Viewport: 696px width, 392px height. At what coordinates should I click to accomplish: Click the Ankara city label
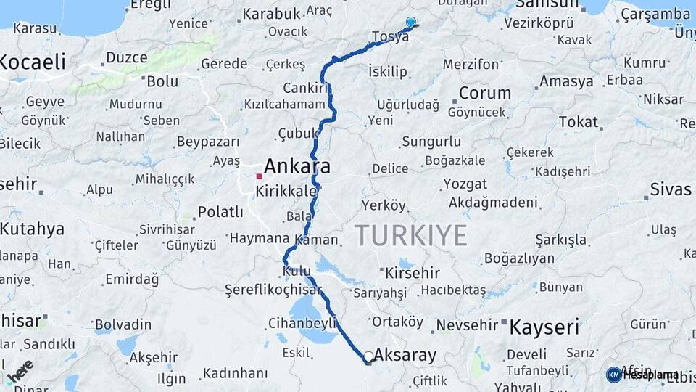(x=297, y=166)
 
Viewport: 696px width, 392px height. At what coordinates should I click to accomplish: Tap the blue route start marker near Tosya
(x=411, y=23)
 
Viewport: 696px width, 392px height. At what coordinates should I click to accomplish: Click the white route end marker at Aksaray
(x=369, y=356)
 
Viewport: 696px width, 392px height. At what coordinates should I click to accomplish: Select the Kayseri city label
(x=544, y=327)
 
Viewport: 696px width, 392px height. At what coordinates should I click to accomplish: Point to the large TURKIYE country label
(x=411, y=235)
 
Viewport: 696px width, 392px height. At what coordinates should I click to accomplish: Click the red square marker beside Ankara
(x=259, y=176)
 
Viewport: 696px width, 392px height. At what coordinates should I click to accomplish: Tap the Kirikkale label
(x=286, y=192)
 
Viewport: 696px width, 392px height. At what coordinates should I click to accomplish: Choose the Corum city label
(x=485, y=94)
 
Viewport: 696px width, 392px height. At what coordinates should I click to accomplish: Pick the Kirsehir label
(x=413, y=273)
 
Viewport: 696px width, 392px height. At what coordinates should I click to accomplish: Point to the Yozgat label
(x=465, y=184)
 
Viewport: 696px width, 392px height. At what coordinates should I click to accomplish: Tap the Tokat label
(x=577, y=121)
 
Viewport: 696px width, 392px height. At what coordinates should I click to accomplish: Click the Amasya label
(x=566, y=81)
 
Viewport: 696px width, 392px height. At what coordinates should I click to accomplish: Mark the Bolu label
(x=162, y=81)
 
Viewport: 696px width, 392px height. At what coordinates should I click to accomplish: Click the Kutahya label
(x=32, y=229)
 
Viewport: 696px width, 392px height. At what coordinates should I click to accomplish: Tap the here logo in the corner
(x=20, y=369)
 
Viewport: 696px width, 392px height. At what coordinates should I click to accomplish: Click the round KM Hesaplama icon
(x=614, y=375)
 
